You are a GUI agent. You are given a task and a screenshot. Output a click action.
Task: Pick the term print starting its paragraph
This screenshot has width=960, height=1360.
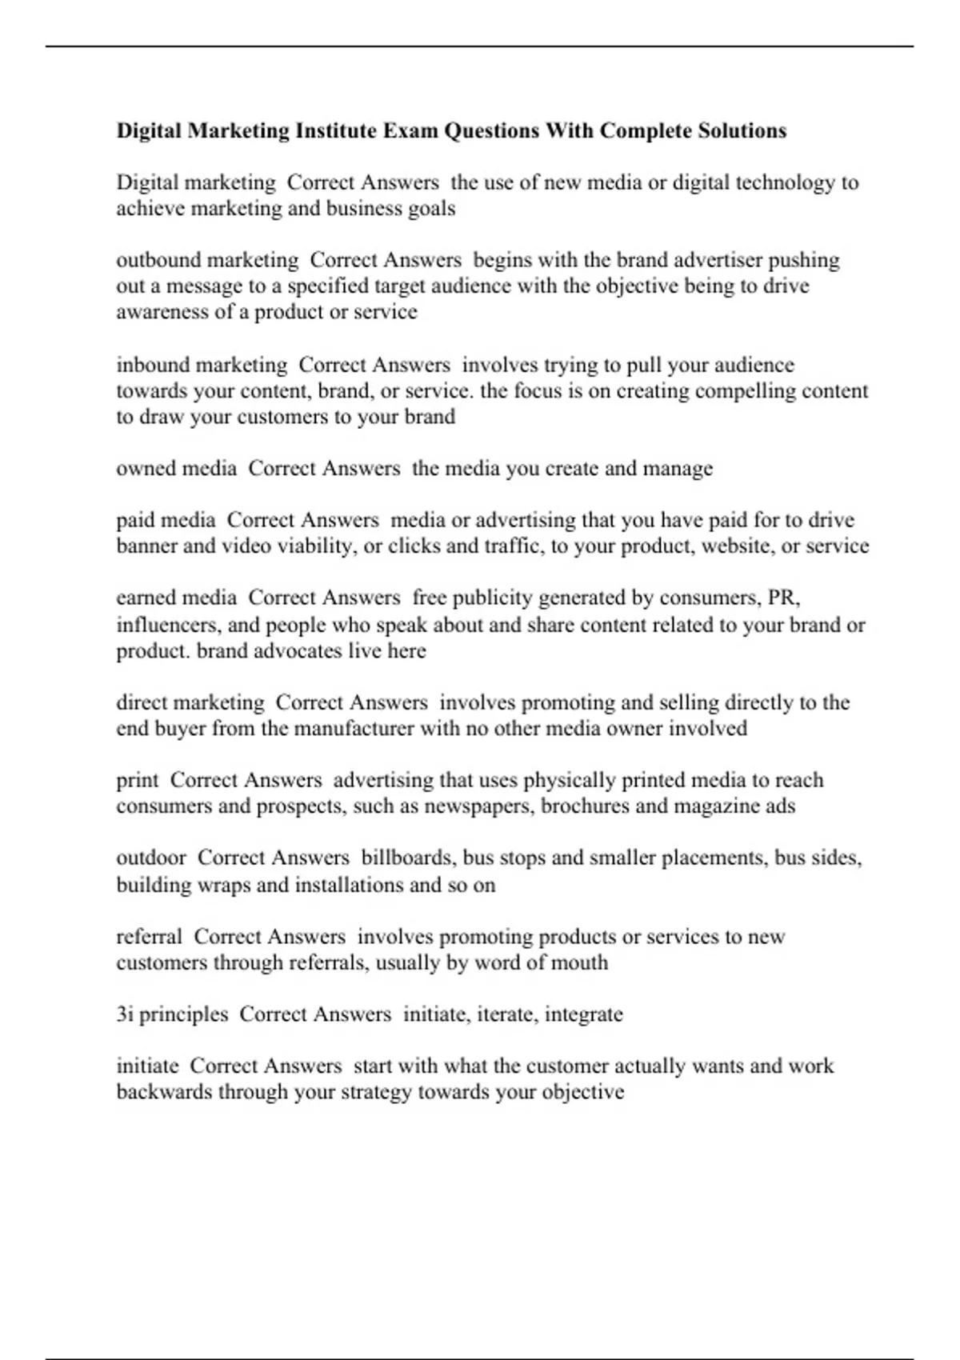click(138, 780)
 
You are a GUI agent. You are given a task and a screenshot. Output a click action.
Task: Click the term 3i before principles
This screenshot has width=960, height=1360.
click(124, 1014)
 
